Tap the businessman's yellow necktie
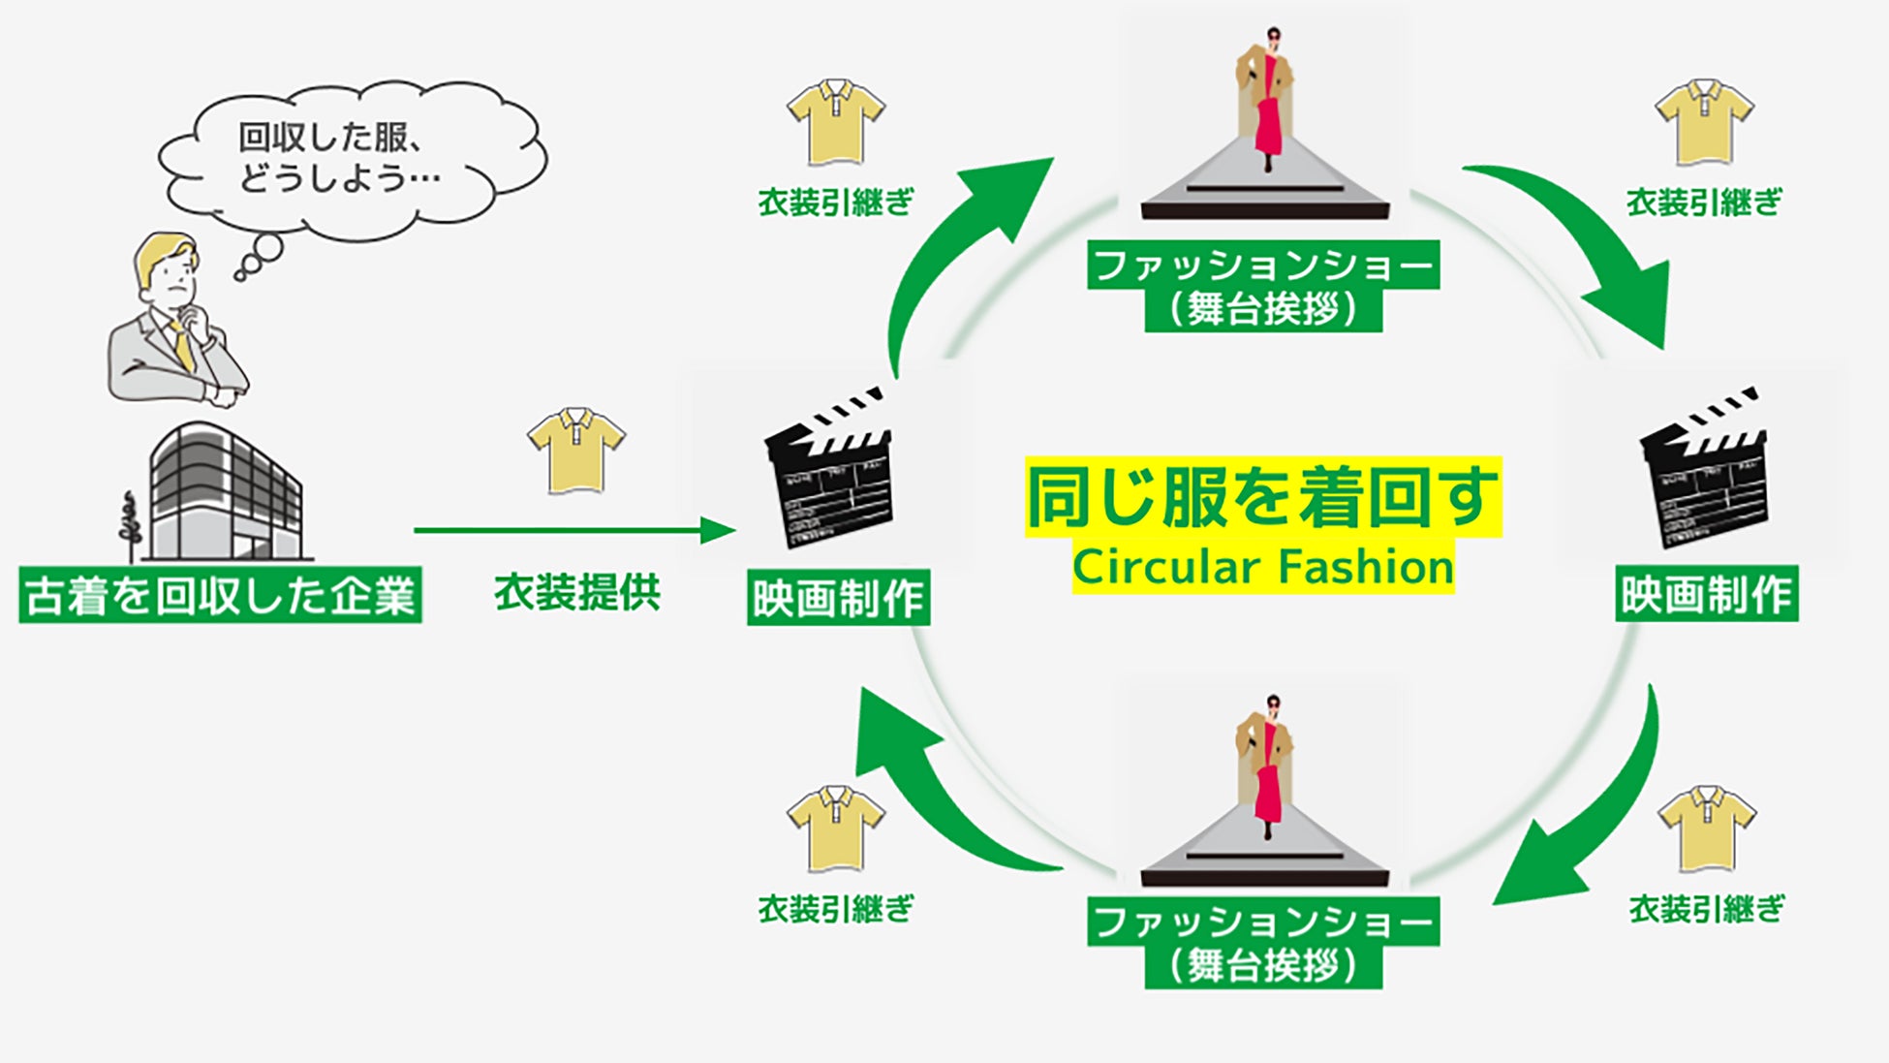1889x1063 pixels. pyautogui.click(x=180, y=344)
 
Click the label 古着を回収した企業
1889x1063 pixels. pyautogui.click(x=220, y=595)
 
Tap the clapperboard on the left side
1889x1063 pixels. pyautogui.click(x=828, y=469)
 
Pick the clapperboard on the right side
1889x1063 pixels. pyautogui.click(x=1704, y=469)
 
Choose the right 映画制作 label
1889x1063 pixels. pyautogui.click(x=1707, y=594)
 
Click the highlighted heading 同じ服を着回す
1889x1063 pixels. pyautogui.click(x=1262, y=497)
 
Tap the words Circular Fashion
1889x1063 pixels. pyautogui.click(x=1262, y=568)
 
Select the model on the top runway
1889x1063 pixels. pyautogui.click(x=1267, y=97)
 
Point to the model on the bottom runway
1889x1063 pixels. pyautogui.click(x=1267, y=766)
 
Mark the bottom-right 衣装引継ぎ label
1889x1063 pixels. pyautogui.click(x=1706, y=909)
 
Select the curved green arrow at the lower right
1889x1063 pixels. pyautogui.click(x=1589, y=814)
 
